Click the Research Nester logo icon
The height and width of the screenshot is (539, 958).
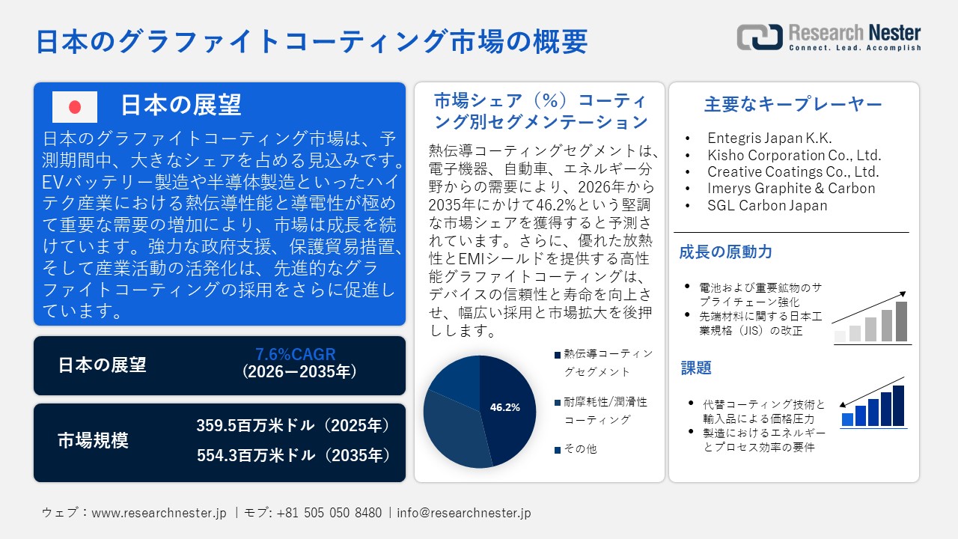click(760, 37)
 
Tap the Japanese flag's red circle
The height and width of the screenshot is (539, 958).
click(75, 107)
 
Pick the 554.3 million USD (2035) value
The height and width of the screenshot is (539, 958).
click(293, 455)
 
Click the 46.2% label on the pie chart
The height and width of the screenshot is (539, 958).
click(504, 408)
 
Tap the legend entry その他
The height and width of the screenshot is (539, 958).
click(580, 449)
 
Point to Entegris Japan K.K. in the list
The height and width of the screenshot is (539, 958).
click(769, 138)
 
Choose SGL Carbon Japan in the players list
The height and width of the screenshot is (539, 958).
click(767, 205)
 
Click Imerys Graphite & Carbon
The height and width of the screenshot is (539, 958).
click(791, 189)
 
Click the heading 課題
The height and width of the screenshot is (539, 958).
click(695, 368)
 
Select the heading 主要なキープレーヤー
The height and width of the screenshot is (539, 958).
click(793, 105)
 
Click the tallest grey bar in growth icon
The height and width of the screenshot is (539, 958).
click(901, 321)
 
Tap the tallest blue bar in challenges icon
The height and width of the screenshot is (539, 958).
click(898, 406)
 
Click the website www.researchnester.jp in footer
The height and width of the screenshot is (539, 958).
click(159, 513)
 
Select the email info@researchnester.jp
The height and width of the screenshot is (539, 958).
click(463, 513)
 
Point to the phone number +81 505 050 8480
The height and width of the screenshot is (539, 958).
click(329, 513)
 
